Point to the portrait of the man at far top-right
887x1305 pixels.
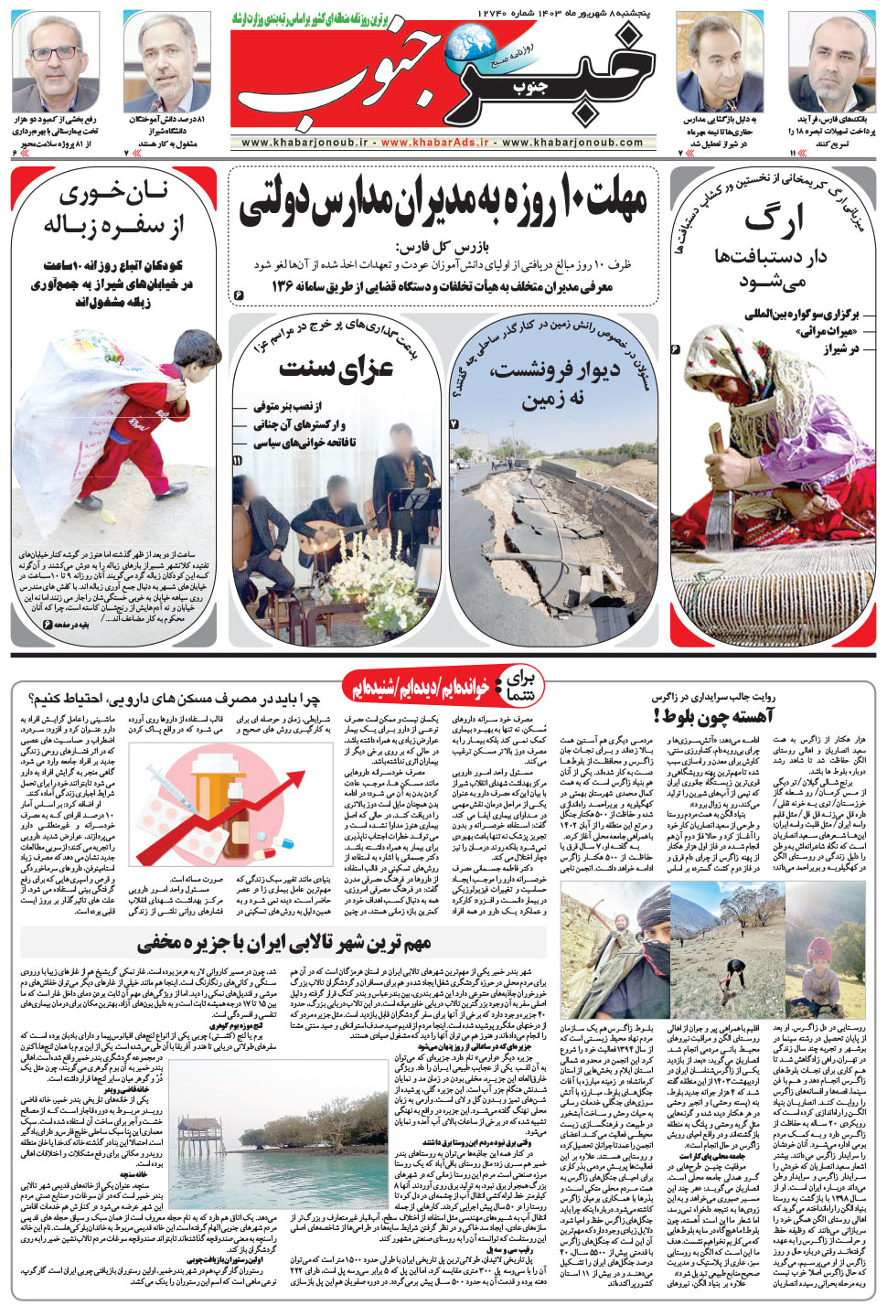point(830,66)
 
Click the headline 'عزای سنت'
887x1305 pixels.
point(337,368)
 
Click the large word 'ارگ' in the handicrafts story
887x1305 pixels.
point(773,220)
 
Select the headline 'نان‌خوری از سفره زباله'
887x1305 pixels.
point(113,209)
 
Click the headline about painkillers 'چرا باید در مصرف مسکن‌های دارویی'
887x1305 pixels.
point(174,700)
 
